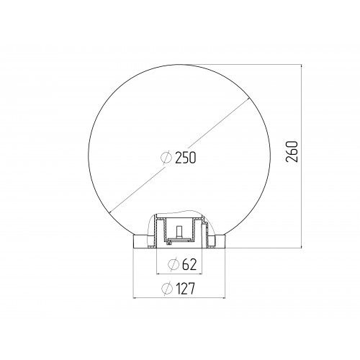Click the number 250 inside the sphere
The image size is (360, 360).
pyautogui.click(x=185, y=157)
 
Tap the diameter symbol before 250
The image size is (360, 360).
pyautogui.click(x=166, y=157)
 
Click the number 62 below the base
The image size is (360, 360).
pyautogui.click(x=189, y=265)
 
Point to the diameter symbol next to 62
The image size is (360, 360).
pyautogui.click(x=173, y=265)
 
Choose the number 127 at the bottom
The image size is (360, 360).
pyautogui.click(x=187, y=289)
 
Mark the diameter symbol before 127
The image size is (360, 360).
pyautogui.click(x=166, y=289)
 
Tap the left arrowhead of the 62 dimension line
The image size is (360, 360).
pyautogui.click(x=159, y=274)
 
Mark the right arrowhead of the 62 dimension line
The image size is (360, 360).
pyautogui.click(x=200, y=274)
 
